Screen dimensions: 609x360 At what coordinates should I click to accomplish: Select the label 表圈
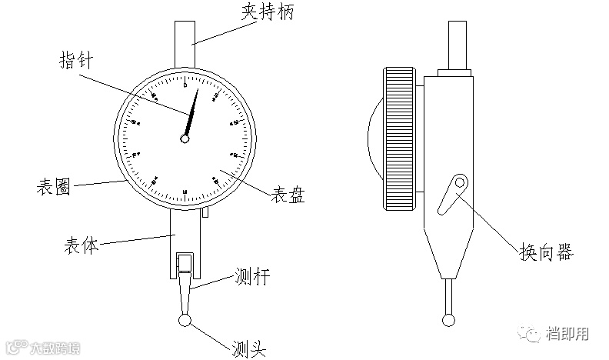54,187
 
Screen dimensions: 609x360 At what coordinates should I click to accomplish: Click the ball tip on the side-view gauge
448,318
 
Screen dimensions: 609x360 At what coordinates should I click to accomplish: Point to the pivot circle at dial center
185,138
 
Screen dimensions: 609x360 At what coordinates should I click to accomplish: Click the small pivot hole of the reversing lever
460,183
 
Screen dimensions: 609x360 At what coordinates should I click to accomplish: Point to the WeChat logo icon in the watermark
530,333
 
